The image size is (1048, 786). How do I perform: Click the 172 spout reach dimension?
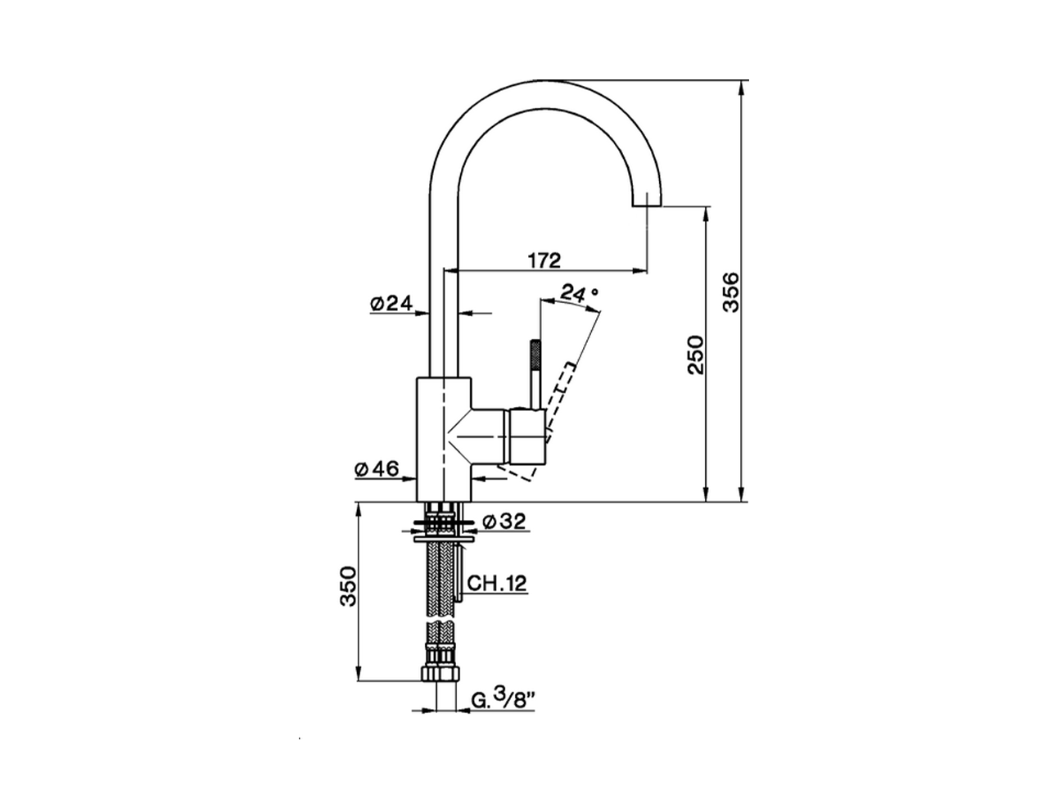(x=544, y=260)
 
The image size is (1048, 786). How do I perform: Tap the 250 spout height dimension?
(x=695, y=354)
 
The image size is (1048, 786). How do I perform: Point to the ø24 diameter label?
(x=390, y=303)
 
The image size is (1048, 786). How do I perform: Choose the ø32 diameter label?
(x=504, y=521)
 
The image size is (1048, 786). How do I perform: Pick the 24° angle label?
(x=580, y=292)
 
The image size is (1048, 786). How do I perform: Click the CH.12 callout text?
(x=497, y=583)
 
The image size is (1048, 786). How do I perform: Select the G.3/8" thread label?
(x=503, y=699)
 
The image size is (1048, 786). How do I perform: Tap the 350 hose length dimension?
(x=350, y=585)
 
